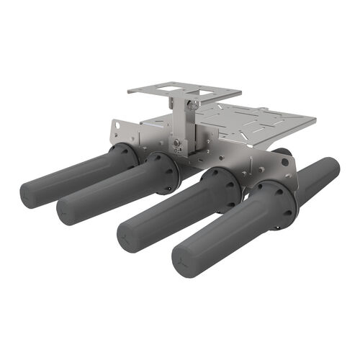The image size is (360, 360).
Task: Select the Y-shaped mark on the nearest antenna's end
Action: pyautogui.click(x=185, y=261)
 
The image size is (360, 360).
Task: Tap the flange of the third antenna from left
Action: pyautogui.click(x=225, y=189)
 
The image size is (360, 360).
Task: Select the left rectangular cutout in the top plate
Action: pyautogui.click(x=168, y=89)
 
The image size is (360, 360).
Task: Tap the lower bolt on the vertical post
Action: pyautogui.click(x=176, y=143)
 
